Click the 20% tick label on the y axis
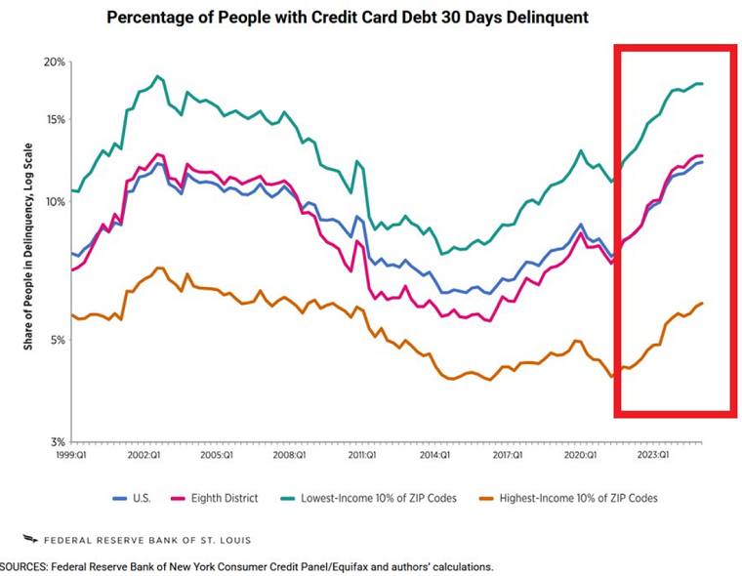pyautogui.click(x=54, y=62)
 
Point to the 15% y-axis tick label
pyautogui.click(x=54, y=120)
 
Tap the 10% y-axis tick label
pyautogui.click(x=54, y=202)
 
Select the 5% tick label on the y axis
pyautogui.click(x=57, y=341)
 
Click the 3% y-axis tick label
pyautogui.click(x=57, y=442)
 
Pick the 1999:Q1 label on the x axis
pyautogui.click(x=73, y=455)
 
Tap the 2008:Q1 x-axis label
pyautogui.click(x=289, y=455)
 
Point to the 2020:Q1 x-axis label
pyautogui.click(x=580, y=455)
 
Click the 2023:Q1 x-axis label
pyautogui.click(x=653, y=455)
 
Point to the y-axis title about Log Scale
pyautogui.click(x=31, y=255)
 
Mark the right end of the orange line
pyautogui.click(x=702, y=304)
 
